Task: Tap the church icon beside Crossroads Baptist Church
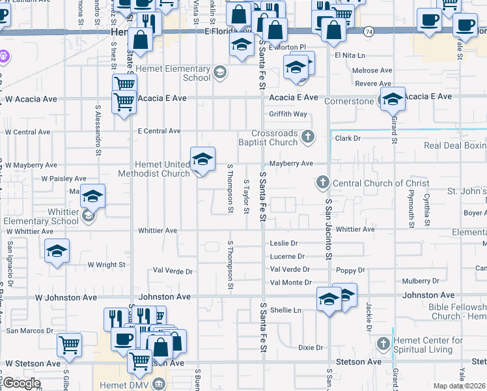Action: (309, 137)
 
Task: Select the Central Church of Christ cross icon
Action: (323, 183)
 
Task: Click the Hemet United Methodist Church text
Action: (154, 169)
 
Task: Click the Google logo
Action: (21, 383)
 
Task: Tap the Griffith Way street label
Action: (288, 114)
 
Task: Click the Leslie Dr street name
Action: (283, 242)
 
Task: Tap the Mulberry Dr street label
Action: (421, 282)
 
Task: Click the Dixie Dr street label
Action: (310, 347)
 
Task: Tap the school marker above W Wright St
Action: (57, 252)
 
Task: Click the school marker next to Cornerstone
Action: (393, 100)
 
